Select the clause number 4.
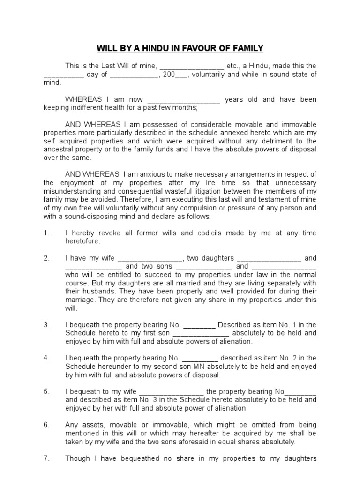tap(46, 358)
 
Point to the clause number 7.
tap(46, 458)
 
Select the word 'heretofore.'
tap(83, 241)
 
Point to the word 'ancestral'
tap(58, 150)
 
